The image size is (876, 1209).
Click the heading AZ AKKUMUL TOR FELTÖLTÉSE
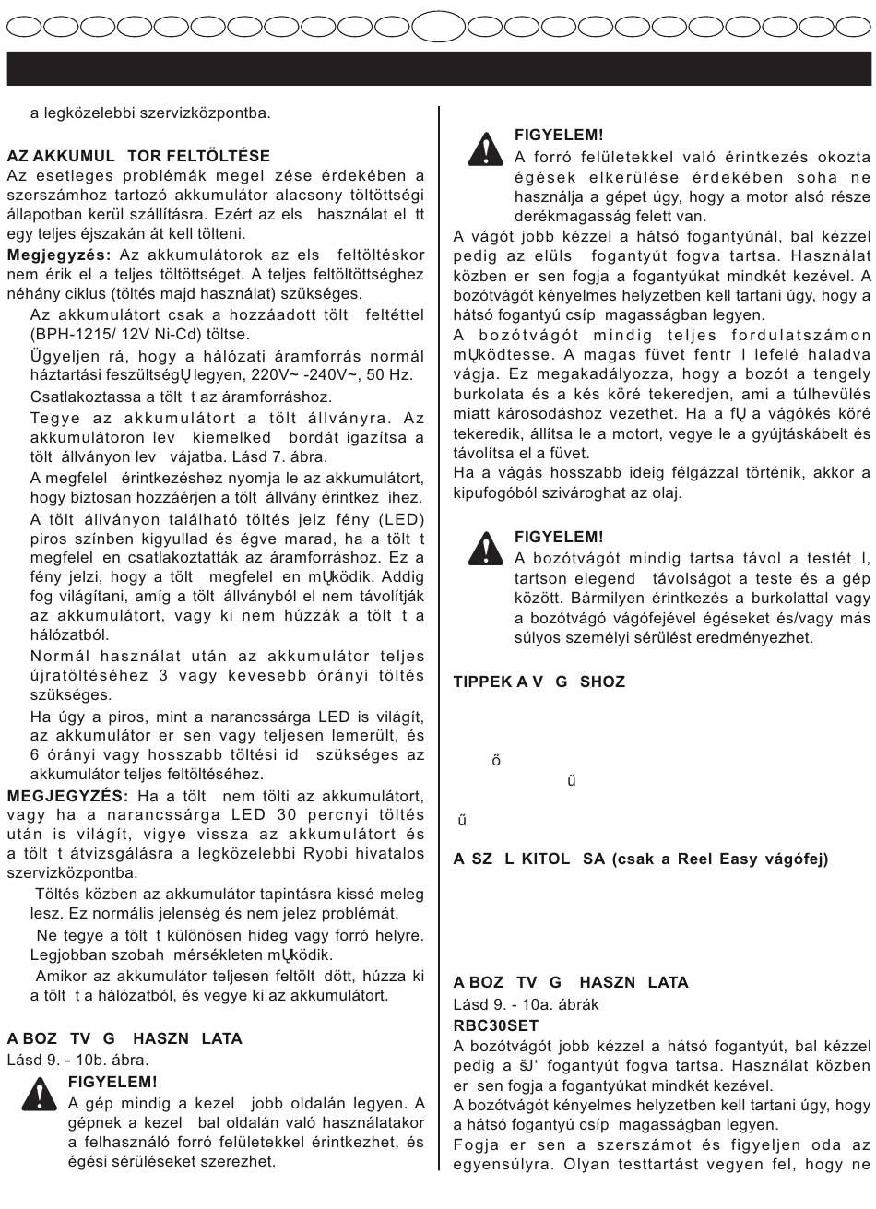click(138, 157)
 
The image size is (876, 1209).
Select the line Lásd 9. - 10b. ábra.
click(77, 1060)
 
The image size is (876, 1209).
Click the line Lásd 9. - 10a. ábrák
click(526, 1004)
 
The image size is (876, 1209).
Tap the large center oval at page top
click(438, 25)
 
